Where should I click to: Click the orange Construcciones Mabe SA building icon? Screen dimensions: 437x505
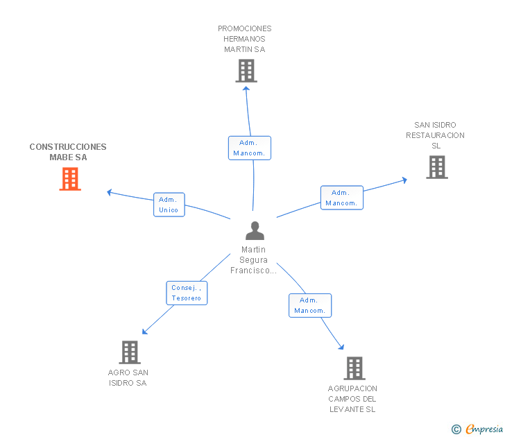coord(70,179)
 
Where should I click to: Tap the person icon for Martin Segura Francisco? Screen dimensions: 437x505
coord(255,231)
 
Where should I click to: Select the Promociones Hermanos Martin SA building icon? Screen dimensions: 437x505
coord(246,71)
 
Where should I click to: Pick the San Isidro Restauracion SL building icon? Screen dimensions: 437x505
coord(436,167)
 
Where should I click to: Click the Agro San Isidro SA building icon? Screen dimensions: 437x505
coord(129,352)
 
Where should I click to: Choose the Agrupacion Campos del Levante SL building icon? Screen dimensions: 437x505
coord(354,368)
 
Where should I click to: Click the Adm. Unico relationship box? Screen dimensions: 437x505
coord(169,205)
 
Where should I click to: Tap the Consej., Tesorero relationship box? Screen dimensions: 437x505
coord(187,293)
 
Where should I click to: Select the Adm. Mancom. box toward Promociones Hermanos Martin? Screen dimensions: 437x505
coord(249,148)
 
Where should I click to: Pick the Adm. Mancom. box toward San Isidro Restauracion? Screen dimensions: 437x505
coord(341,198)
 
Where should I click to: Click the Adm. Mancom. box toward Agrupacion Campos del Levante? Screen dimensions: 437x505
coord(309,305)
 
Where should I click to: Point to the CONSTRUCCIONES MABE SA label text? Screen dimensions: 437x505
coord(68,152)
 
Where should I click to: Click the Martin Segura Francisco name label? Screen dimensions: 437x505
coord(254,260)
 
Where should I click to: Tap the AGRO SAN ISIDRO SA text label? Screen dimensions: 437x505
coord(128,378)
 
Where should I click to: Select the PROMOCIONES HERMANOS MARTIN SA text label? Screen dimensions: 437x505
coord(245,39)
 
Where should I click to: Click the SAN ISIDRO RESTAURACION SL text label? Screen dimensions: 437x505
coord(436,135)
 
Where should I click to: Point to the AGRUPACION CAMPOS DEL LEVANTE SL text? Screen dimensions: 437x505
coord(352,399)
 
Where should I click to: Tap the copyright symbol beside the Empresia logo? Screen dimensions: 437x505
coord(456,430)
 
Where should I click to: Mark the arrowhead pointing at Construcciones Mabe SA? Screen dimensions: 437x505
coord(109,191)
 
